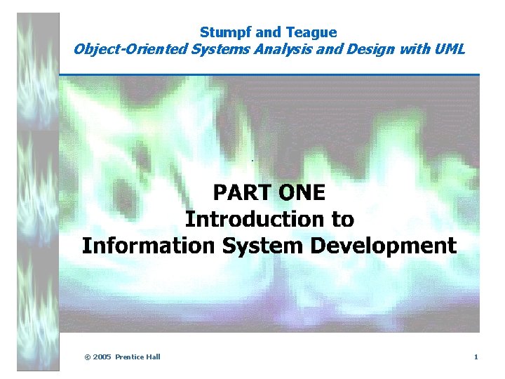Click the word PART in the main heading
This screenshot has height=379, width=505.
coord(243,192)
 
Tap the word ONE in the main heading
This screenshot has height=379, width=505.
coord(302,192)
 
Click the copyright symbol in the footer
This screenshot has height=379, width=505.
coord(87,357)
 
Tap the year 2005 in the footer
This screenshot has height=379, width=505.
coord(102,357)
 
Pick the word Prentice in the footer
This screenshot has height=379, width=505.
coord(130,357)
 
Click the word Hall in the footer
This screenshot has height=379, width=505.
coord(154,357)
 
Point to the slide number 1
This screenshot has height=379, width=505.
coord(476,357)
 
